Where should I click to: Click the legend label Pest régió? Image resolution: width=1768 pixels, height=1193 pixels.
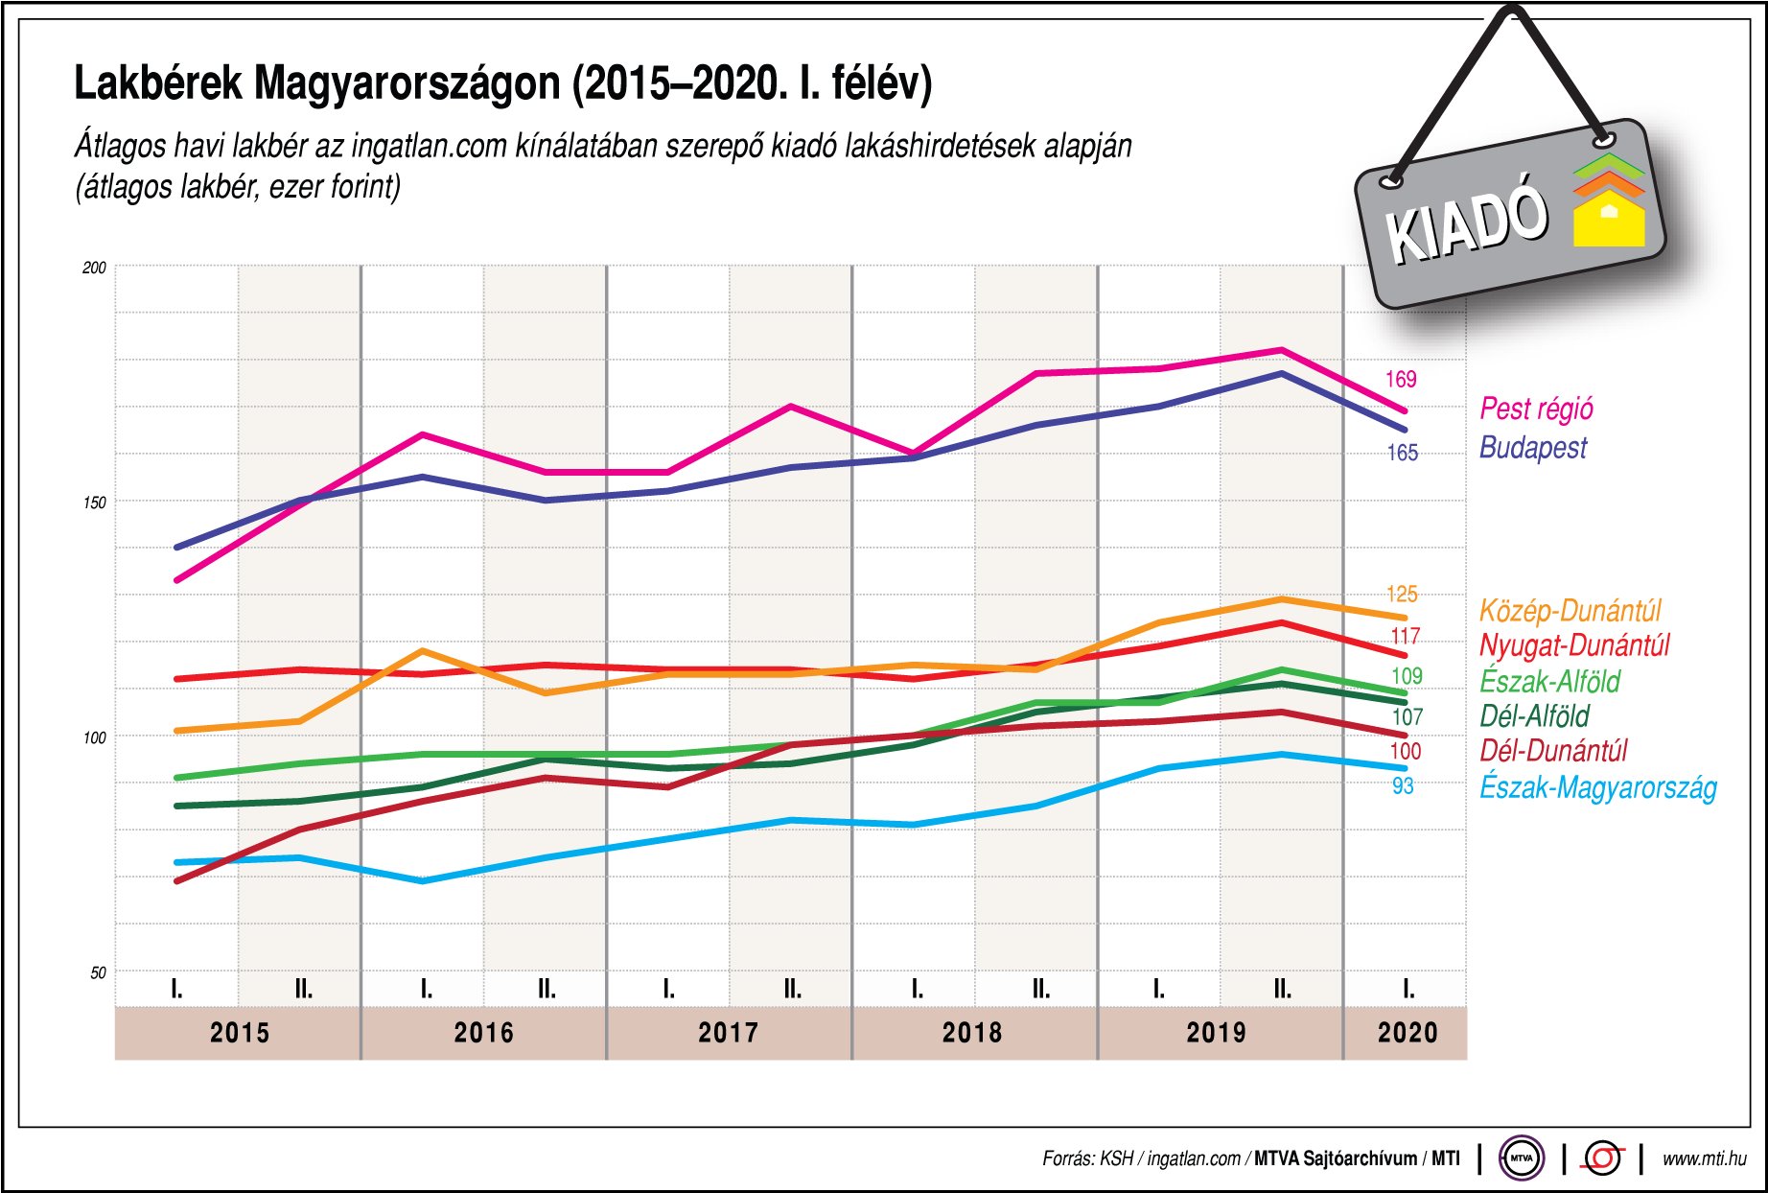click(1536, 409)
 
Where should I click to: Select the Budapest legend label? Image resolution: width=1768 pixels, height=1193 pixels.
click(1532, 448)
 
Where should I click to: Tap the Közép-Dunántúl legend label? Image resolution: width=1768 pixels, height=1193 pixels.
click(1570, 611)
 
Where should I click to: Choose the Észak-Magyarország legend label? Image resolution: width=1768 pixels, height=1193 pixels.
click(1597, 787)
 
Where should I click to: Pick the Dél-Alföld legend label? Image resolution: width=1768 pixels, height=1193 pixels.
click(1534, 716)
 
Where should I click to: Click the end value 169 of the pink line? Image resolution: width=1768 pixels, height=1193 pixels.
click(1400, 380)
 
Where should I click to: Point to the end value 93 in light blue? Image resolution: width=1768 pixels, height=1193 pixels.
click(1403, 786)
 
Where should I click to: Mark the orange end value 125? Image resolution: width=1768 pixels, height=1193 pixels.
click(1402, 595)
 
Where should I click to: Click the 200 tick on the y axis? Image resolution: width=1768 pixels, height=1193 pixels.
click(94, 268)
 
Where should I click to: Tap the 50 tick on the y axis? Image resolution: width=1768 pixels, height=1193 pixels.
click(98, 972)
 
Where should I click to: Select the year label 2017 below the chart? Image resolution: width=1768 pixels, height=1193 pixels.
click(728, 1033)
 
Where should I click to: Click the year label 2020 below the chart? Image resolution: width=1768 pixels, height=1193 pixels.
click(1407, 1033)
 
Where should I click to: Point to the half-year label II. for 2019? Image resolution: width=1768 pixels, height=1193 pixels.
click(1282, 989)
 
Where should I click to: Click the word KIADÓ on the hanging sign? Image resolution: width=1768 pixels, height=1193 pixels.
click(1467, 223)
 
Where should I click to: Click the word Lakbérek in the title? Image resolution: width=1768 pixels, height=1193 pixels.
click(157, 84)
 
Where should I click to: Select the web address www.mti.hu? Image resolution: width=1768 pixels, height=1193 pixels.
click(1704, 1158)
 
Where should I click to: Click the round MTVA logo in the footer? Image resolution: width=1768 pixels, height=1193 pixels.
click(1522, 1158)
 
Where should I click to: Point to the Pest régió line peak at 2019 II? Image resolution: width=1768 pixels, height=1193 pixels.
click(1282, 350)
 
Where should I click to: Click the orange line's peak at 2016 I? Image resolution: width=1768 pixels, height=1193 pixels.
click(423, 651)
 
